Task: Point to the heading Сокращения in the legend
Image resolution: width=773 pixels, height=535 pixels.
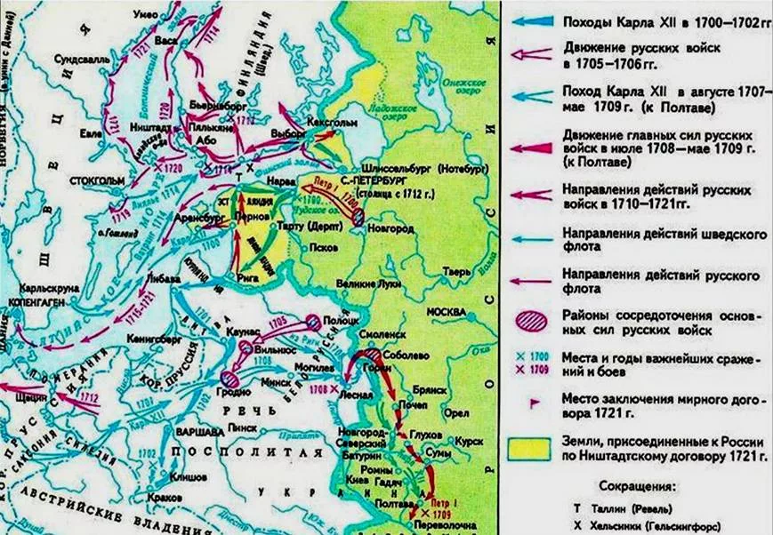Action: point(637,487)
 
